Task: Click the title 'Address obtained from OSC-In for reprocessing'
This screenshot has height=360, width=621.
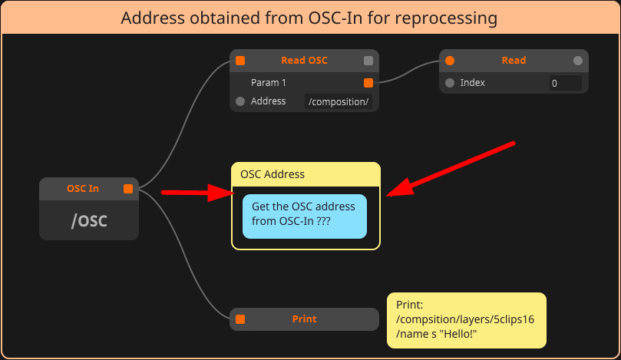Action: click(x=309, y=17)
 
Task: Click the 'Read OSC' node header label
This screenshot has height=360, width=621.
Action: click(x=304, y=60)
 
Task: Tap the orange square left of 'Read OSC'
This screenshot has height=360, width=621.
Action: click(x=240, y=61)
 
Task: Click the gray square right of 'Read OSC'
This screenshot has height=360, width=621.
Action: click(x=368, y=61)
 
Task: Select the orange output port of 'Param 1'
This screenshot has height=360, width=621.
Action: click(x=368, y=82)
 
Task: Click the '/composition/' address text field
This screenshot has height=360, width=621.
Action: click(x=339, y=101)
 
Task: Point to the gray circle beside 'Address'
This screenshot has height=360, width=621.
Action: click(x=240, y=101)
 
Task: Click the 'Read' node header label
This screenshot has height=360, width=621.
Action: click(x=514, y=60)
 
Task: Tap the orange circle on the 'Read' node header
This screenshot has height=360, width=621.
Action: click(x=450, y=61)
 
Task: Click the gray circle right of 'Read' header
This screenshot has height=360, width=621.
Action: click(x=578, y=61)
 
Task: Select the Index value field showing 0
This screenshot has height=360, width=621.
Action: click(x=564, y=83)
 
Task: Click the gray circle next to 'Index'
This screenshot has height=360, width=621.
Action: click(x=450, y=83)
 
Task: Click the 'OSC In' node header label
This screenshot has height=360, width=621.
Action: click(x=83, y=188)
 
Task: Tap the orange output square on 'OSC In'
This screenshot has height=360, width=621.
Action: click(x=128, y=188)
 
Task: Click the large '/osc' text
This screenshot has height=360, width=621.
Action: click(x=89, y=220)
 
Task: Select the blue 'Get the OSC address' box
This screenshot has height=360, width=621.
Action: click(x=304, y=216)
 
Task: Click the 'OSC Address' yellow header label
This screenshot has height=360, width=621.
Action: click(x=273, y=174)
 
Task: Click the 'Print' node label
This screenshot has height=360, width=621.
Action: click(x=304, y=319)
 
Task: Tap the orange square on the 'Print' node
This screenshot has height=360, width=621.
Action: click(x=240, y=319)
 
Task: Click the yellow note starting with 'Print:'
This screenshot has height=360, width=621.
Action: click(x=466, y=320)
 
